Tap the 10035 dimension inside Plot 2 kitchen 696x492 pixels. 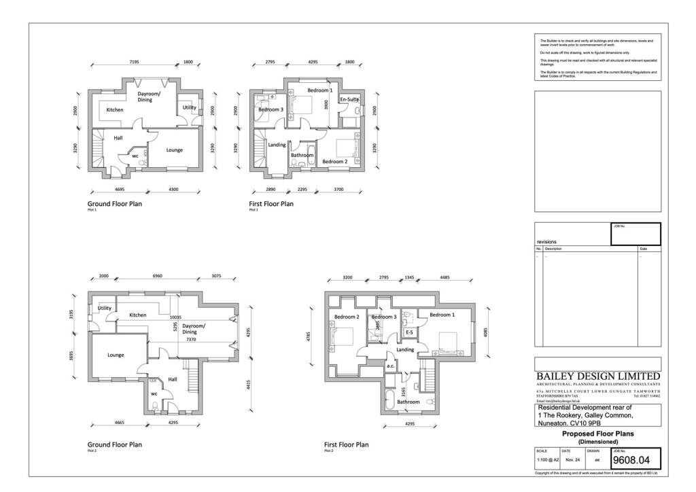pyautogui.click(x=176, y=317)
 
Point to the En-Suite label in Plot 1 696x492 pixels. pyautogui.click(x=349, y=100)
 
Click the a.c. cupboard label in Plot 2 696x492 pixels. pyautogui.click(x=390, y=366)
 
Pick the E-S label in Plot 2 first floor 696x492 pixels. pyautogui.click(x=409, y=332)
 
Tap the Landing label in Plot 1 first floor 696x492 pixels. pyautogui.click(x=277, y=145)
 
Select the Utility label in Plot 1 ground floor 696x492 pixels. pyautogui.click(x=189, y=107)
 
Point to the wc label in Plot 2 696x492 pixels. pyautogui.click(x=154, y=393)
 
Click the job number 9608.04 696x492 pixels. pyautogui.click(x=636, y=460)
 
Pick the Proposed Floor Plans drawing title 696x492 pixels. pyautogui.click(x=597, y=433)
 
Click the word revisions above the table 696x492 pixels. pyautogui.click(x=546, y=241)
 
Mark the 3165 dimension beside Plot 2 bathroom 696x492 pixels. pyautogui.click(x=404, y=391)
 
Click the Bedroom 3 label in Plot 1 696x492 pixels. pyautogui.click(x=271, y=109)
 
